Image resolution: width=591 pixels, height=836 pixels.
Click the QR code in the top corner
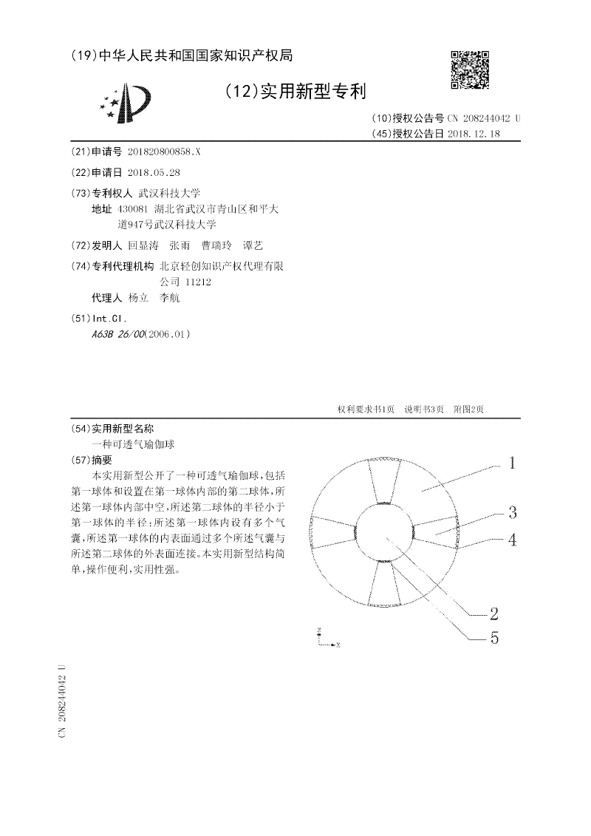pyautogui.click(x=469, y=70)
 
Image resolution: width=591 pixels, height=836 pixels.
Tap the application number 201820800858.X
pyautogui.click(x=163, y=151)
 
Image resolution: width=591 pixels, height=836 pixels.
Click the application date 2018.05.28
pyautogui.click(x=154, y=171)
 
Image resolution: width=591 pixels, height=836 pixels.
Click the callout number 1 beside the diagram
pyautogui.click(x=512, y=463)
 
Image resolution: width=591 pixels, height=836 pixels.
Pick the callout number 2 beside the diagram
pyautogui.click(x=493, y=613)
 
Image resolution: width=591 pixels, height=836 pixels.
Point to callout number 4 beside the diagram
pyautogui.click(x=511, y=540)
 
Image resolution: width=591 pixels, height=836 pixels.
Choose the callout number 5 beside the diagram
pyautogui.click(x=493, y=638)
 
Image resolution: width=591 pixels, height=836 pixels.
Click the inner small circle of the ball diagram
pyautogui.click(x=386, y=534)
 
